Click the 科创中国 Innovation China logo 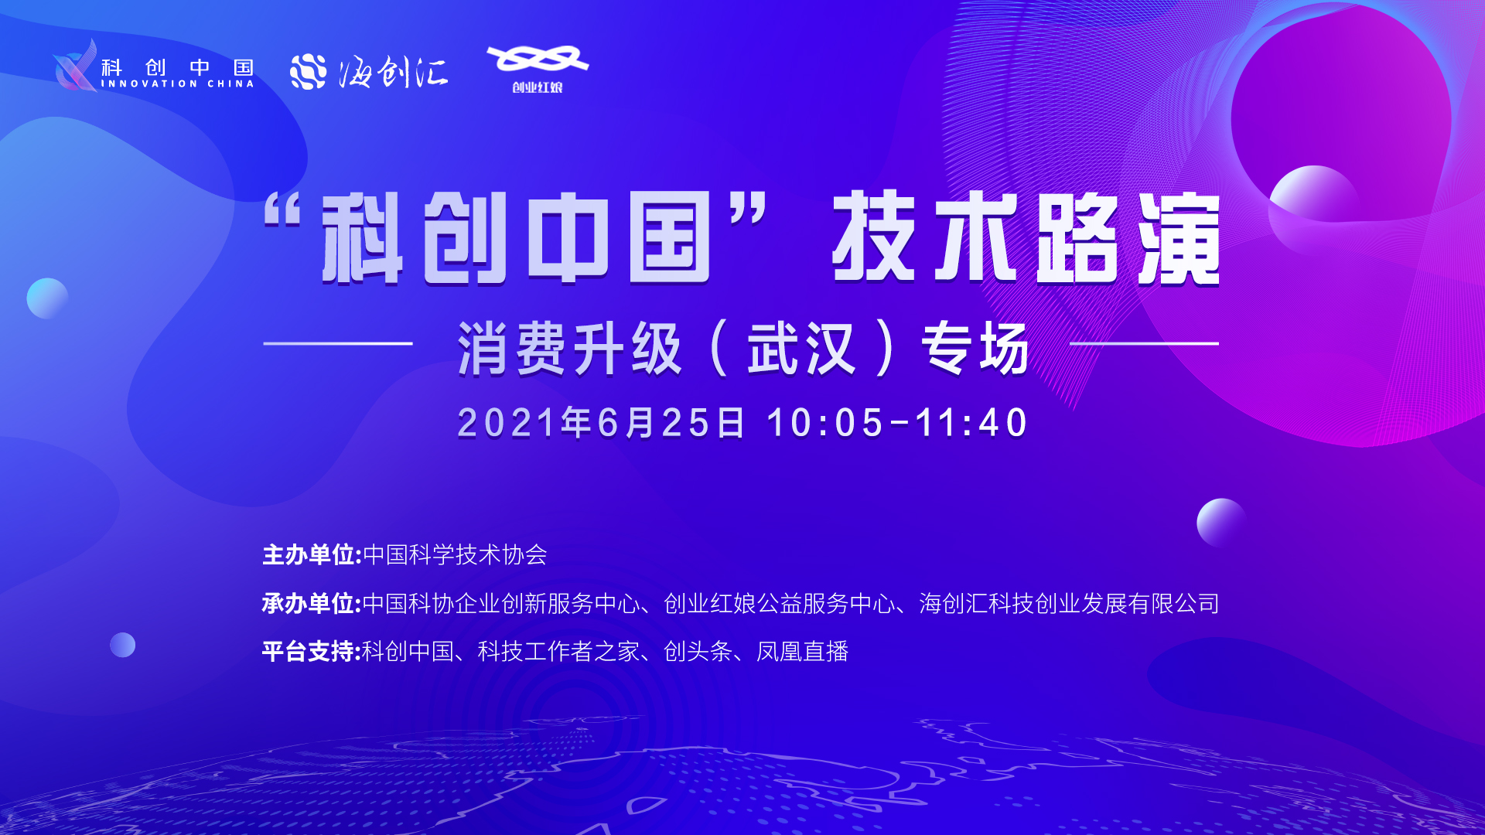coord(153,66)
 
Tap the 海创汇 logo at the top coord(369,72)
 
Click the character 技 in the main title coord(874,237)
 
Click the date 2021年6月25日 coord(601,423)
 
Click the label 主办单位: coord(312,555)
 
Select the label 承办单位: coord(312,604)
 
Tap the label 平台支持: coord(312,652)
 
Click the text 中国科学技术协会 coord(456,555)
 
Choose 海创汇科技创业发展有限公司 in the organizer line coord(1070,604)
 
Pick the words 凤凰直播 coord(803,652)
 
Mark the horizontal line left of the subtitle coord(338,343)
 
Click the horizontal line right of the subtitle coord(1145,343)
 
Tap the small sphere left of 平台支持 coord(122,645)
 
